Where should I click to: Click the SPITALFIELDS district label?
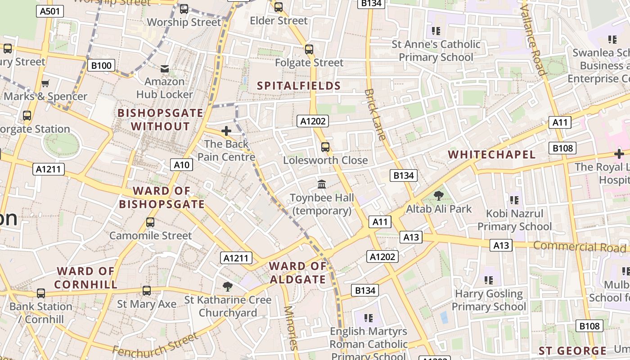tap(299, 85)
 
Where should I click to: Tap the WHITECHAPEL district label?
tap(492, 154)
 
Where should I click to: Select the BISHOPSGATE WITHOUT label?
tap(160, 119)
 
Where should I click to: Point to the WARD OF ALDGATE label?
tap(297, 273)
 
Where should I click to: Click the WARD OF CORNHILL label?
tap(86, 278)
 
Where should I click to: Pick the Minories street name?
tap(290, 328)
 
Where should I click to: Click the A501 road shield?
tap(49, 11)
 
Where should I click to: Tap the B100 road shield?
tap(101, 66)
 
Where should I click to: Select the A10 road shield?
tap(182, 165)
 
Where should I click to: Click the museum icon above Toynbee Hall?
tap(322, 184)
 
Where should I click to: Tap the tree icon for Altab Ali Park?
tap(438, 195)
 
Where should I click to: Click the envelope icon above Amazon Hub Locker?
tap(165, 69)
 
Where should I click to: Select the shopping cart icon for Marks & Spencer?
tap(45, 83)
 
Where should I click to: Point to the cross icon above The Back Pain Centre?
tap(226, 131)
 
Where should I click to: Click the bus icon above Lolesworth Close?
tap(325, 147)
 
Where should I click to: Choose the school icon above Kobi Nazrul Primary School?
tap(514, 200)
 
